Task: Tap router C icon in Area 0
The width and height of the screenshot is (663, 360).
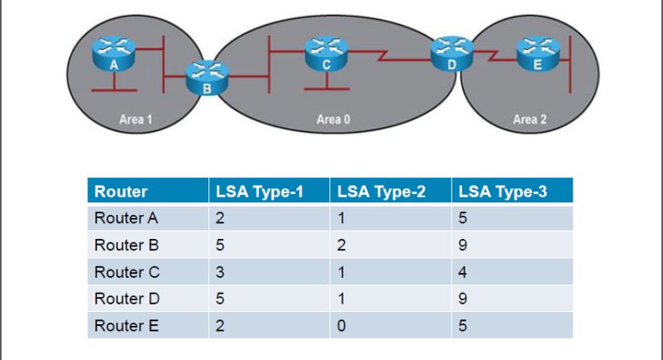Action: click(325, 53)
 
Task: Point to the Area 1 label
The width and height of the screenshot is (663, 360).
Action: click(135, 119)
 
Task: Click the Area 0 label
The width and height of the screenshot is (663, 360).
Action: click(334, 119)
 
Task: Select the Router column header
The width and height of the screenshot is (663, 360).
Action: click(121, 192)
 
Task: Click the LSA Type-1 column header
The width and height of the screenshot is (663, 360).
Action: click(260, 192)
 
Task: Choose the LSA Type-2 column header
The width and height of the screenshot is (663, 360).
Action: click(381, 192)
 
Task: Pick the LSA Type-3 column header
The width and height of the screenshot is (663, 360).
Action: click(502, 192)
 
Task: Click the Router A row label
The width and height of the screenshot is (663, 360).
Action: click(126, 220)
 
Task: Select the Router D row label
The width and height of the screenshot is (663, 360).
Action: click(126, 299)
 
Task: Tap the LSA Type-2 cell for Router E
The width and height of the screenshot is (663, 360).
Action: click(341, 325)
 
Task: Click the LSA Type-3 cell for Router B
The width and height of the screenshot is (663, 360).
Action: click(462, 246)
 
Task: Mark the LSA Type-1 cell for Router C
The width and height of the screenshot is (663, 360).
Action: click(220, 272)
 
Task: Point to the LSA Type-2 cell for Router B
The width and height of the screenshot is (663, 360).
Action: click(341, 246)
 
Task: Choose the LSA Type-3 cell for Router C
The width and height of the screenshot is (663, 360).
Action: click(462, 272)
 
